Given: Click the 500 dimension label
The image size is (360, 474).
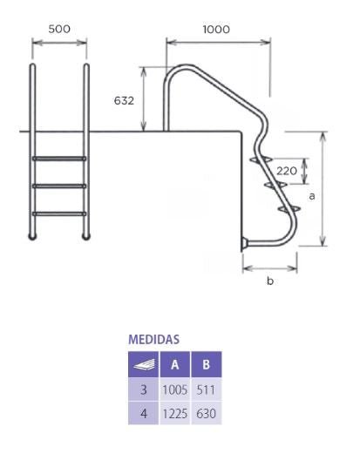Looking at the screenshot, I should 59,29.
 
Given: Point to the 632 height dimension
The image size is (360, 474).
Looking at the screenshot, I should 124,100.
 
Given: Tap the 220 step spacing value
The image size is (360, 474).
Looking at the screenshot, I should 287,171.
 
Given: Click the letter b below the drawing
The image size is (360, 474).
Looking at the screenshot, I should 269,281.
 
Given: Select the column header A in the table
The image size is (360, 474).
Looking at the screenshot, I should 174,364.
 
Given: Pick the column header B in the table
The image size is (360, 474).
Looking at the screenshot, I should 207,364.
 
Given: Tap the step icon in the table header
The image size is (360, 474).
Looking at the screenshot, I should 144,364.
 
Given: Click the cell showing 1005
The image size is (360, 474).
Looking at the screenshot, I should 175,389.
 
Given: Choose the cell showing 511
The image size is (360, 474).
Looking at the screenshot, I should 207,389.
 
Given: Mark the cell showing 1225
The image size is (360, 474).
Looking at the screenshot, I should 175,414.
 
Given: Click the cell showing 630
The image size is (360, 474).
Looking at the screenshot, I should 207,414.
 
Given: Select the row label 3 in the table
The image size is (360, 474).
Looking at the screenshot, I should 144,389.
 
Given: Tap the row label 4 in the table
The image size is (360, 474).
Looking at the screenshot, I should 144,414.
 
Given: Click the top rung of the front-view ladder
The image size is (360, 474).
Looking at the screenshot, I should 59,159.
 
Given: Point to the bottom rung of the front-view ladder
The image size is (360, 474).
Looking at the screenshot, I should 59,213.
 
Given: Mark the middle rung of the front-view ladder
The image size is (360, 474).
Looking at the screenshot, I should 59,186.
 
